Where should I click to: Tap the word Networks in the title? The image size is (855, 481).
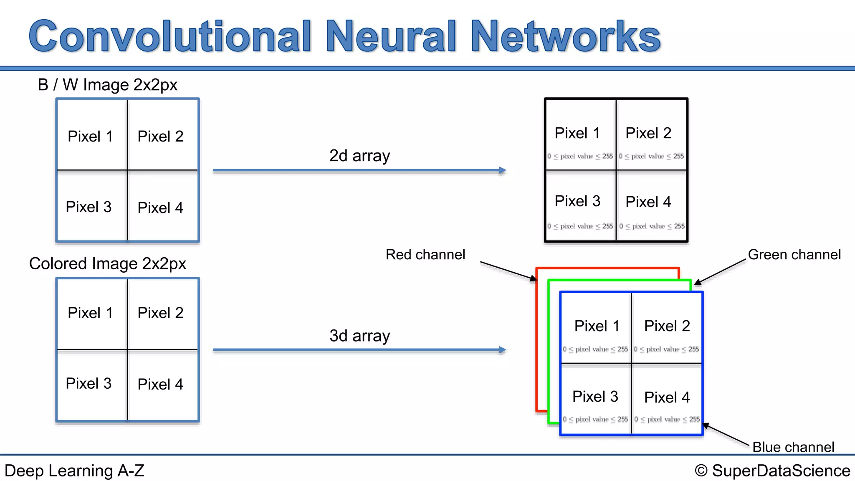(x=566, y=37)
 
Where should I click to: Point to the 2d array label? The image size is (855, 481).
(x=359, y=156)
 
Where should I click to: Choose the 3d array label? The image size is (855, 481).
(x=359, y=336)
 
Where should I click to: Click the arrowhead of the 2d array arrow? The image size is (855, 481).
(x=503, y=170)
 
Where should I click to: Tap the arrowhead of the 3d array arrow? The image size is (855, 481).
(x=503, y=350)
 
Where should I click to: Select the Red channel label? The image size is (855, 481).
(x=425, y=255)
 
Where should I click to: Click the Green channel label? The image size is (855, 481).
(x=794, y=255)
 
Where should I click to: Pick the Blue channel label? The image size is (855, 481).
(x=793, y=447)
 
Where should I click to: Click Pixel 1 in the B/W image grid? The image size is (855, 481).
(x=90, y=137)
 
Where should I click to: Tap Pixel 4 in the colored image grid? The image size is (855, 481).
(x=160, y=384)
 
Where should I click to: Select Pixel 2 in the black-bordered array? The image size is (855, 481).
(x=648, y=133)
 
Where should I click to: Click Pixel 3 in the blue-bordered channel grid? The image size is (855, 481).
(x=595, y=397)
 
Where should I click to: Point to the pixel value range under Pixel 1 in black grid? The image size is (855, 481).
(x=580, y=156)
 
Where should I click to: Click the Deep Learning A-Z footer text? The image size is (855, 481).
(x=74, y=471)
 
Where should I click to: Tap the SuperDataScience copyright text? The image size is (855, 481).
(x=772, y=471)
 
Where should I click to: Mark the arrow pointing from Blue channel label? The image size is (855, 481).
(x=726, y=435)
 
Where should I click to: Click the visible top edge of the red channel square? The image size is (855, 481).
(x=607, y=268)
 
